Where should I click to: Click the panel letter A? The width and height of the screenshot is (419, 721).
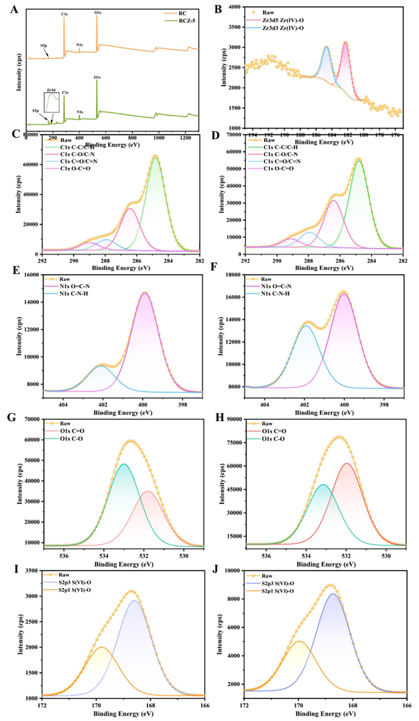coord(14,9)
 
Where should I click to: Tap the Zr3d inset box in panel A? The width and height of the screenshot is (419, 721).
coord(51,102)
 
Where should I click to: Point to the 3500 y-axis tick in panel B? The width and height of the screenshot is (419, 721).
coord(234,27)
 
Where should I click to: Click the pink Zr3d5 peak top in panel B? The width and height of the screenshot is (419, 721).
coord(346,43)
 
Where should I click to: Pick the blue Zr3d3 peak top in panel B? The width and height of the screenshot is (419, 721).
coord(326,47)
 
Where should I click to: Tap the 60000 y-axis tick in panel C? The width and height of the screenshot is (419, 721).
coord(30,165)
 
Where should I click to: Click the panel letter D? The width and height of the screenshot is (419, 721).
coord(215,135)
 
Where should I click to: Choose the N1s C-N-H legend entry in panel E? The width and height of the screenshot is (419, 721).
coord(74,293)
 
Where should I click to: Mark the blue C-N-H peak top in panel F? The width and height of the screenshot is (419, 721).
coord(305,325)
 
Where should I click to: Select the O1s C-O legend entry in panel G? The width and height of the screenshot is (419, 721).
coord(72,439)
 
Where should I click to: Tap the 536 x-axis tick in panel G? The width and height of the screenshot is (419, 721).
coord(64,556)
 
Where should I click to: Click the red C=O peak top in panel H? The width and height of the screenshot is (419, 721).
coord(347,463)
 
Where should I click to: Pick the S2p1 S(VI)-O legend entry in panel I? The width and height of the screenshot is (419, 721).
coord(75,590)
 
